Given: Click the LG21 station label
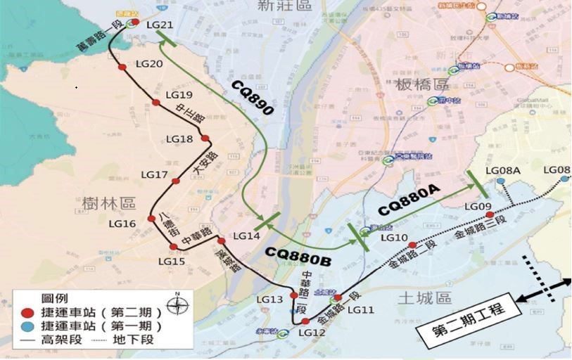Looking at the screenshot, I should (x=160, y=25).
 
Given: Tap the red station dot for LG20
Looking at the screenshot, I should (x=122, y=67).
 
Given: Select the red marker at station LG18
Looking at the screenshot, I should (x=205, y=139).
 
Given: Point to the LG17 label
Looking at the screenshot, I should (x=155, y=174).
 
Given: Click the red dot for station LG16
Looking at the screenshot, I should (x=151, y=219).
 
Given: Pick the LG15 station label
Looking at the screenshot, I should (x=171, y=262).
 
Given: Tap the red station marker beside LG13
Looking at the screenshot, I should (x=294, y=295).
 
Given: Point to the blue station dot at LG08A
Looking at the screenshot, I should (x=500, y=181).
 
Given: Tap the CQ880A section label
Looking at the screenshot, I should (x=409, y=200).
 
